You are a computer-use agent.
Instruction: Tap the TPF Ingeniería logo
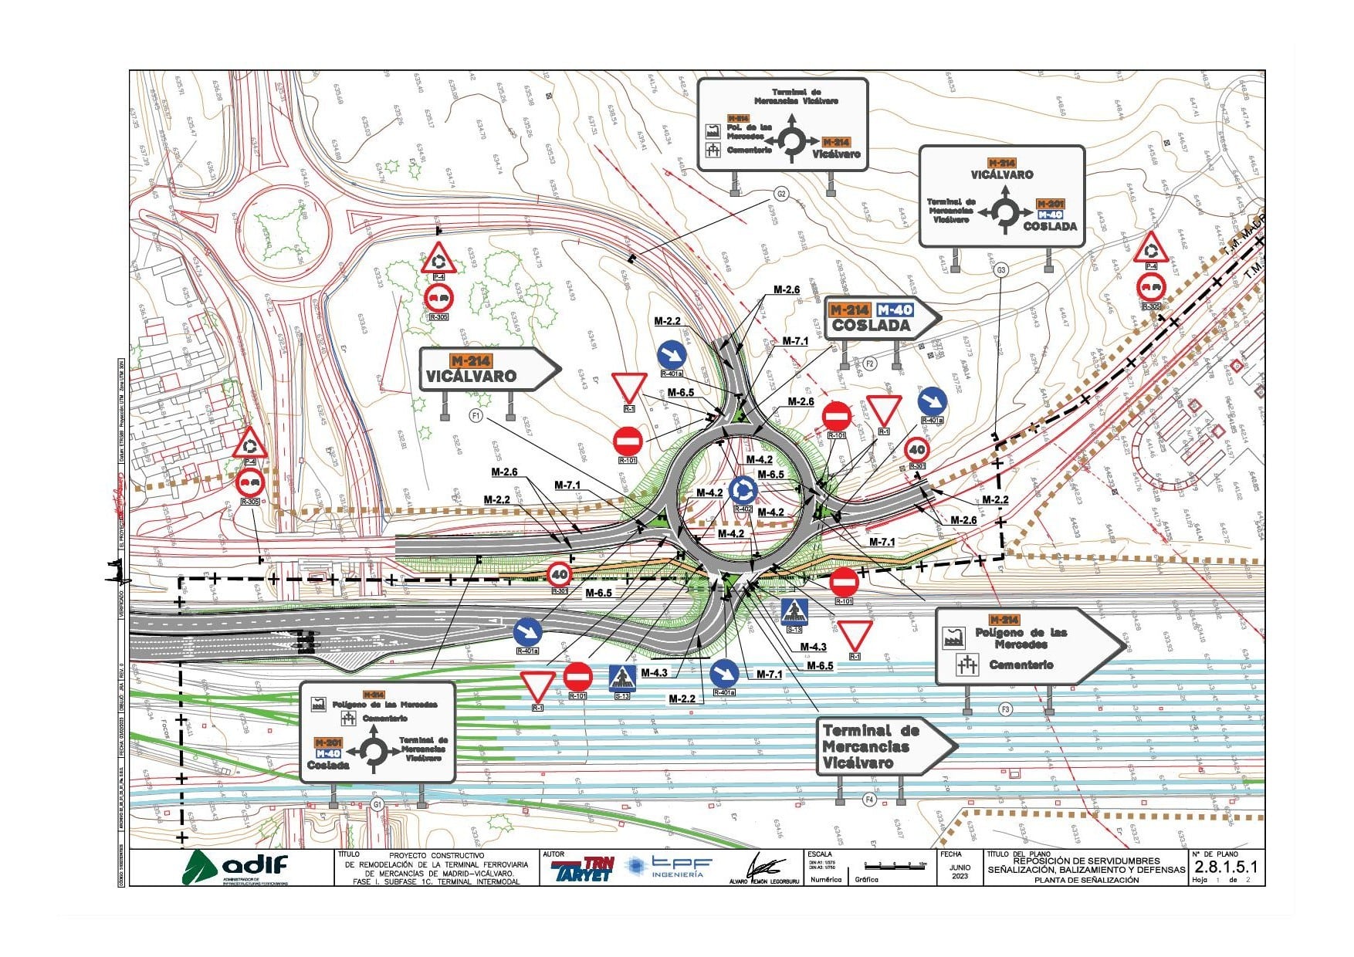(x=669, y=867)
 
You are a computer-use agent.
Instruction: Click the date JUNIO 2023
(x=960, y=871)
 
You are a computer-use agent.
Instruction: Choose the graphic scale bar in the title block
(x=896, y=866)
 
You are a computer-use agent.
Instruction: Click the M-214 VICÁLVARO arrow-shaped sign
(x=488, y=369)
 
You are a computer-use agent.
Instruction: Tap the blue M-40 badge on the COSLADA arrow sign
(x=895, y=309)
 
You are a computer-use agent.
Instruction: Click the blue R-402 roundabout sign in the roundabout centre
(x=743, y=489)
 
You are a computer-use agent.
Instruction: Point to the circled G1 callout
(x=377, y=804)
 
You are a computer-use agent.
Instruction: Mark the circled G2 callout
(x=781, y=194)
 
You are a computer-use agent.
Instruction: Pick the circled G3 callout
(x=1001, y=270)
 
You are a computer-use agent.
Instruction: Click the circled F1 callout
(x=476, y=416)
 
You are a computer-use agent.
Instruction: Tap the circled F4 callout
(x=869, y=800)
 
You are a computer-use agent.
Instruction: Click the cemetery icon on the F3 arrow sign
(x=966, y=664)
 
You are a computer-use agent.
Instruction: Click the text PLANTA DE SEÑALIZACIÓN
(x=1086, y=880)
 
